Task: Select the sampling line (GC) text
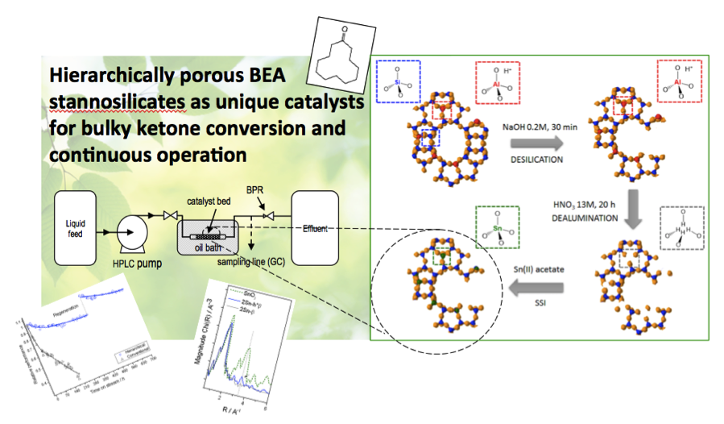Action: (x=247, y=263)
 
